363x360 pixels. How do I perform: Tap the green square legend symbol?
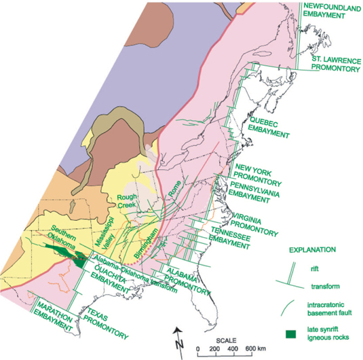[290, 332]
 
